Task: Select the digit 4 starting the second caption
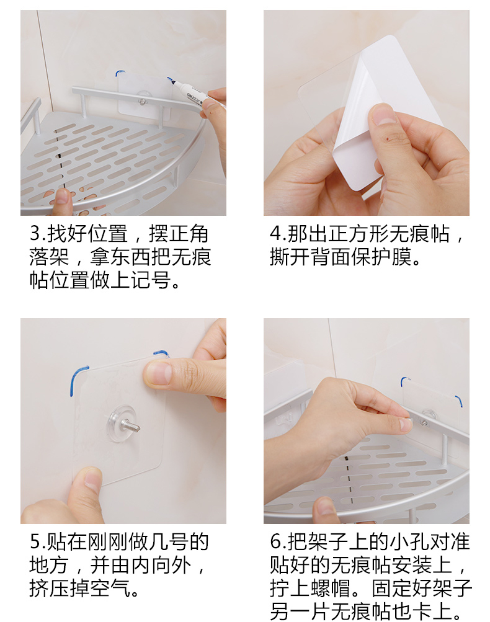275,234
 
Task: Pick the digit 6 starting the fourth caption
275,542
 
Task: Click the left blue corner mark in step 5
77,380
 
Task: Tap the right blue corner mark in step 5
161,353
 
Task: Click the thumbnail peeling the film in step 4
383,115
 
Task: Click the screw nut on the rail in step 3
142,102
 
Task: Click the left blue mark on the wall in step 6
404,381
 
